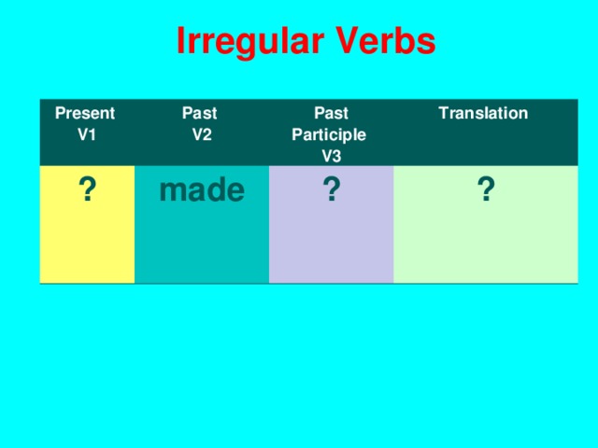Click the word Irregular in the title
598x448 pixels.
pos(249,41)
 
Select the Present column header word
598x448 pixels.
pos(85,114)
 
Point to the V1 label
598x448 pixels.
pos(86,133)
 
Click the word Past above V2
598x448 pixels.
pos(199,114)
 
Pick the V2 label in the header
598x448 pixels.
pos(201,133)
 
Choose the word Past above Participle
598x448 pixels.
pos(331,114)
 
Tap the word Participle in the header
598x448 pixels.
pos(329,134)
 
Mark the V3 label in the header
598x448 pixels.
pos(331,155)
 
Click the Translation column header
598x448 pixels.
pos(483,114)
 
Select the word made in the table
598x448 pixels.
pos(202,190)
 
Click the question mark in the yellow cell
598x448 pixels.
pos(85,190)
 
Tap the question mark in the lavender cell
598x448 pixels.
pos(331,193)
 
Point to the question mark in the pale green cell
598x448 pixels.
pos(485,193)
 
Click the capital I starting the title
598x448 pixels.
pos(181,41)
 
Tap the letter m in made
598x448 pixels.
pos(171,192)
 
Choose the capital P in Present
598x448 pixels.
pos(61,114)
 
